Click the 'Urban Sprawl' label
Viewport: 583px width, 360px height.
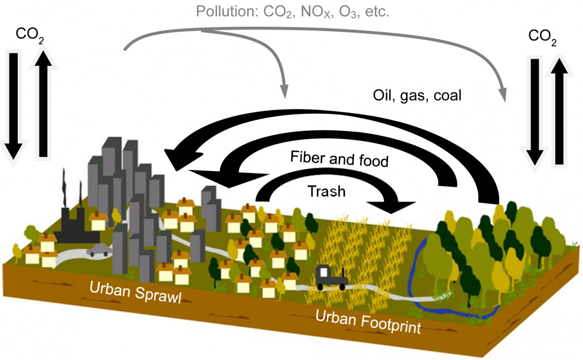(135, 292)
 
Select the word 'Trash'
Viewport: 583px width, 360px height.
(327, 191)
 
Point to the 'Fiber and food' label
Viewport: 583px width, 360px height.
(339, 159)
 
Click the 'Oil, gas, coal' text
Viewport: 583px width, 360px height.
(417, 95)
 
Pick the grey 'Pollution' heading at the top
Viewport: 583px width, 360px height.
(292, 11)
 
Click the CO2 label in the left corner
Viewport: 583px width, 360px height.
(30, 35)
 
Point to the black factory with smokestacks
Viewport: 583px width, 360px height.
(76, 219)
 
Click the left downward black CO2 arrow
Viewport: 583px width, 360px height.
(13, 108)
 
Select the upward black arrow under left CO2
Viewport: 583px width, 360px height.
(43, 104)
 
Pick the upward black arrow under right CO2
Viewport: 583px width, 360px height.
(559, 112)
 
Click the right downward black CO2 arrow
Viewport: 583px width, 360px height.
(534, 112)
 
